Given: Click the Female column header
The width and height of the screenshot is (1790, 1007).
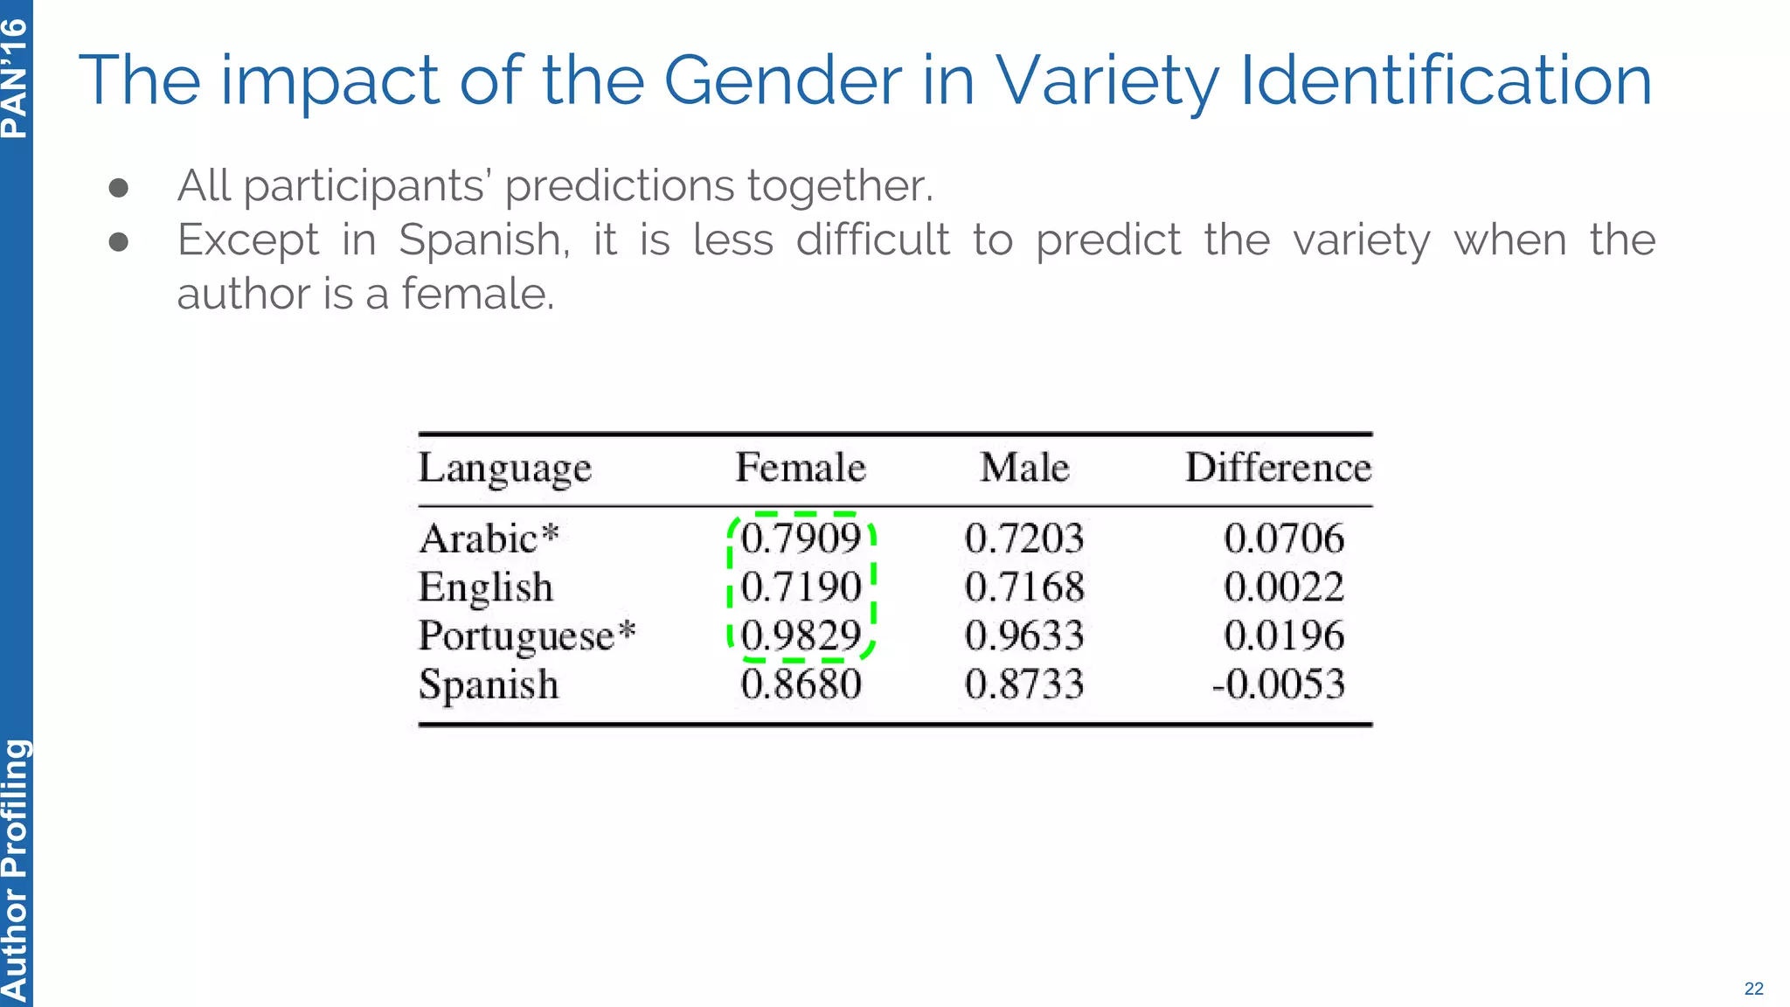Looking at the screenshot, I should pyautogui.click(x=800, y=468).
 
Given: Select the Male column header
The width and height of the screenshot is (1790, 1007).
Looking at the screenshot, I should pyautogui.click(x=1024, y=468).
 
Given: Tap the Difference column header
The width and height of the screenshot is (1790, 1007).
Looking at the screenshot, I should pyautogui.click(x=1278, y=468).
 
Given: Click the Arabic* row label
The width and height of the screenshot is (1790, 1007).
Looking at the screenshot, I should pyautogui.click(x=489, y=538).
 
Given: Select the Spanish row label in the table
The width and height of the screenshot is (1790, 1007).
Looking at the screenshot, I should pyautogui.click(x=489, y=684).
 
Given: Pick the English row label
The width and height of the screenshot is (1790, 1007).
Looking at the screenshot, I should pyautogui.click(x=486, y=587).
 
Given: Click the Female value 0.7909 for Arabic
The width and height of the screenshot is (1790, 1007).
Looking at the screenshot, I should pyautogui.click(x=801, y=538).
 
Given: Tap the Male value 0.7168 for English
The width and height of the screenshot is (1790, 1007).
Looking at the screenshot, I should pyautogui.click(x=1024, y=587).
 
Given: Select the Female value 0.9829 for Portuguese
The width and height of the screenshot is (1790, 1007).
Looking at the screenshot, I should pyautogui.click(x=801, y=635).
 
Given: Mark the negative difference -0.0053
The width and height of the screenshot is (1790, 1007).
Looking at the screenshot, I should pyautogui.click(x=1278, y=684).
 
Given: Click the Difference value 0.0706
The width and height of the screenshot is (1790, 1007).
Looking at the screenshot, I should pyautogui.click(x=1283, y=538).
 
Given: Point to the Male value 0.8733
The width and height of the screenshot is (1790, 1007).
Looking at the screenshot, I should pyautogui.click(x=1024, y=684).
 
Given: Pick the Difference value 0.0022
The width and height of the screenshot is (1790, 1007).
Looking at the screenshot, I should pyautogui.click(x=1283, y=587).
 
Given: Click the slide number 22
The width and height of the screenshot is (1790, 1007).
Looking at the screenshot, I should pyautogui.click(x=1753, y=989).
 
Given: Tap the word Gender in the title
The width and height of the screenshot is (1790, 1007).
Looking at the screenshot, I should pyautogui.click(x=782, y=80).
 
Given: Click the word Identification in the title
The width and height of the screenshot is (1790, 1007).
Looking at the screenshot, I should pyautogui.click(x=1446, y=80).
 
